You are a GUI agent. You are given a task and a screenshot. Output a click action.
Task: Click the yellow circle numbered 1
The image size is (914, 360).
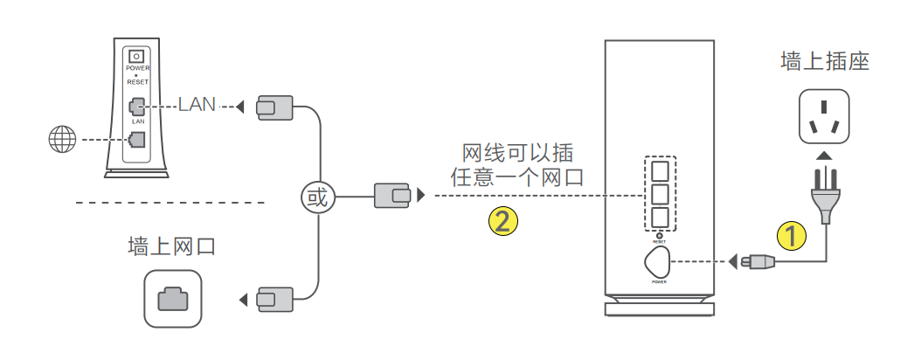coord(792,236)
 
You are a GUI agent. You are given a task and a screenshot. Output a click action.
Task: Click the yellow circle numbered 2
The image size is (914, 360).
coord(502,220)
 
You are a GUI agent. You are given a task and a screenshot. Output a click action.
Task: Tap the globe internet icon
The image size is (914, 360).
coord(63,139)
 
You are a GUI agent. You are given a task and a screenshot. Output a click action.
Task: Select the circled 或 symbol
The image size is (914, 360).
coord(316,197)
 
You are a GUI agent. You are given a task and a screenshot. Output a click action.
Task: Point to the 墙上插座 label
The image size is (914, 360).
coord(824,62)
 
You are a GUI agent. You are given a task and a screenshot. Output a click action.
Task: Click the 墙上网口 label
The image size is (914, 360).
coord(172,246)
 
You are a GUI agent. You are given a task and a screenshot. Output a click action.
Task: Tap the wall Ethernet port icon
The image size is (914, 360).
coord(172,298)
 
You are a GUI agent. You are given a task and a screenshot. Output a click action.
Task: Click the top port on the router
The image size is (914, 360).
coord(661,167)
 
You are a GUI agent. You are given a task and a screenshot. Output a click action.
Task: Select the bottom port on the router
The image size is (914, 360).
coord(661,217)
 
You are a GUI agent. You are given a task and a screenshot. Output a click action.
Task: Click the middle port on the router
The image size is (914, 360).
coord(661,192)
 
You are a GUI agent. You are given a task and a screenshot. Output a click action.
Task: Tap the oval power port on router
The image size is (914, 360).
coord(657,261)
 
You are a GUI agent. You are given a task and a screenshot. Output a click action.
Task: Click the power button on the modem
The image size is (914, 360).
coord(136,57)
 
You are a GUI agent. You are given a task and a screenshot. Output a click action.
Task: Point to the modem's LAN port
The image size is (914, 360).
coord(136,107)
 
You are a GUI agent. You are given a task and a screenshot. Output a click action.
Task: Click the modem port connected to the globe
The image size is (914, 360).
coord(136,139)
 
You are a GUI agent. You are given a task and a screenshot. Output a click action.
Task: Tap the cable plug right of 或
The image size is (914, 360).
coord(391,197)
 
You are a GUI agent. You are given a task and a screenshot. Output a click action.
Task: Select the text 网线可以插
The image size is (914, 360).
coord(518,152)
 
